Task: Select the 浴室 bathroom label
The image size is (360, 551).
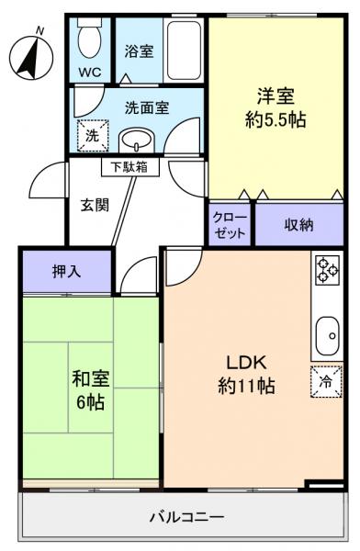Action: coord(140,51)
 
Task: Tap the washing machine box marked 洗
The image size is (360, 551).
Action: coord(92,135)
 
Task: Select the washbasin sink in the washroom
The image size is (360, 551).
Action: coord(138,141)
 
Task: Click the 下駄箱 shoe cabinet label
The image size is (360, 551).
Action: coord(129,167)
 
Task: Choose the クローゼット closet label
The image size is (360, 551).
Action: coord(230,225)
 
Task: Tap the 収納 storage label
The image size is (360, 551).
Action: coord(299,224)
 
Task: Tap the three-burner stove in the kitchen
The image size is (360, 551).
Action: coord(328,268)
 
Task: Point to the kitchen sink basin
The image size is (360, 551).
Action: coord(327,336)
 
